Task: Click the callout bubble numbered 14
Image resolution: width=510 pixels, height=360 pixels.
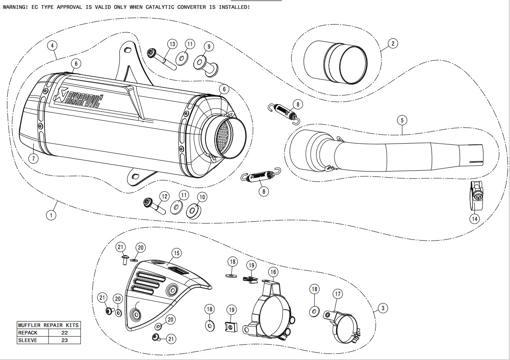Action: (x=474, y=219)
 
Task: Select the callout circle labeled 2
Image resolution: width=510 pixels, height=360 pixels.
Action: (x=392, y=43)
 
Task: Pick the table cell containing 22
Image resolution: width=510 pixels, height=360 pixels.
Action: (x=65, y=332)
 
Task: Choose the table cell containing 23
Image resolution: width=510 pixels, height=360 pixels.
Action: (x=65, y=340)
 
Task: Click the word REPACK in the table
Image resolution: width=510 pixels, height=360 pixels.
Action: (x=28, y=332)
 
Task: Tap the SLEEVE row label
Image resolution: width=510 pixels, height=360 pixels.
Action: (x=28, y=340)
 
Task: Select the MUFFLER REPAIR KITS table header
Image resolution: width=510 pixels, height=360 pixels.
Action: (x=49, y=325)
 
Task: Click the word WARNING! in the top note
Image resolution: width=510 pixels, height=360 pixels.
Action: (x=15, y=7)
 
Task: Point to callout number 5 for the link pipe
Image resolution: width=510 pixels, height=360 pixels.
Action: (x=402, y=120)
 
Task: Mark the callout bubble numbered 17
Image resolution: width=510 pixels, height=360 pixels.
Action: (x=337, y=294)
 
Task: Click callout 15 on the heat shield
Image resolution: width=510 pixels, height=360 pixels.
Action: (x=176, y=253)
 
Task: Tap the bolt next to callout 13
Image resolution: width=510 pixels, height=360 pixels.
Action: (x=162, y=59)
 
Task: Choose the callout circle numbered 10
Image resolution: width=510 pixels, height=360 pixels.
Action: (x=202, y=197)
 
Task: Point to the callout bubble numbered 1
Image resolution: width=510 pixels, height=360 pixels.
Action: (x=51, y=215)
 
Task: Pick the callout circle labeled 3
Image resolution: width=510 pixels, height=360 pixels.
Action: (x=382, y=308)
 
